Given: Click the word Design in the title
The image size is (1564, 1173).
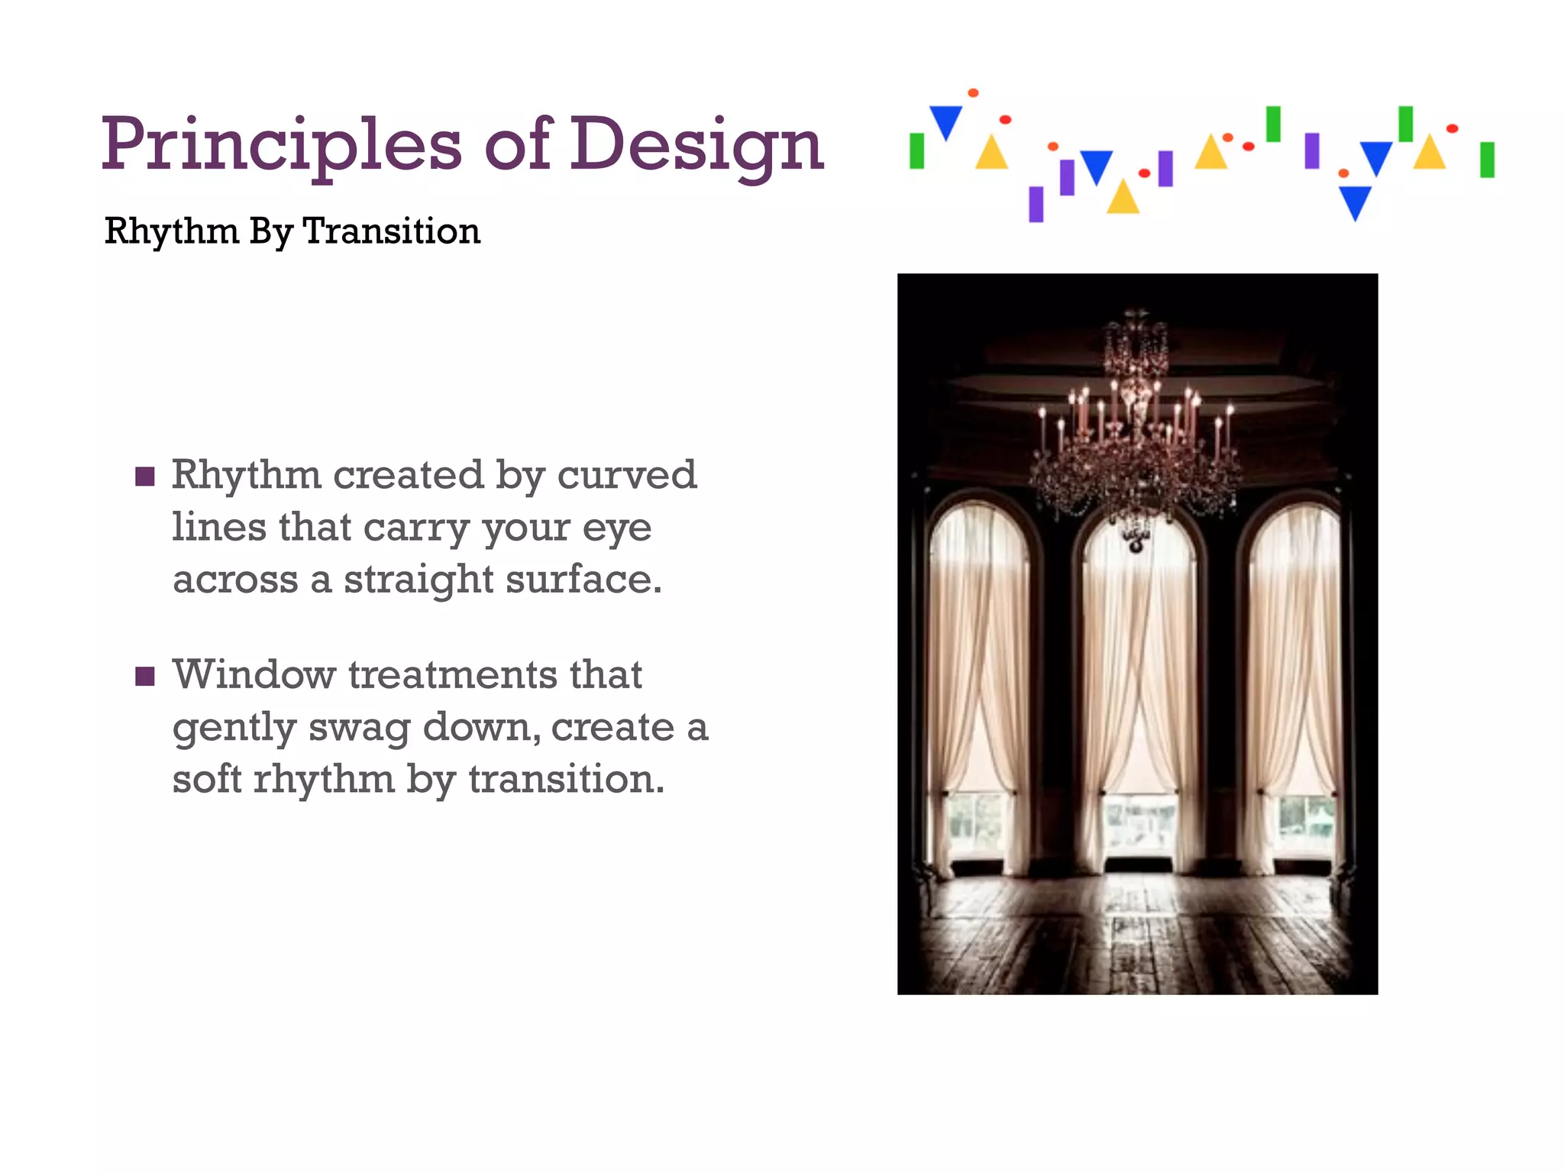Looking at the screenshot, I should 696,145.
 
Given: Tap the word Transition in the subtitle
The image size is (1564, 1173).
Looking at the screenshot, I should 392,231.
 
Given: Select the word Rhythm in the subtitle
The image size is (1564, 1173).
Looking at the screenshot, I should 172,231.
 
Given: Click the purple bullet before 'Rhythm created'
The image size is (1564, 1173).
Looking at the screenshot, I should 145,477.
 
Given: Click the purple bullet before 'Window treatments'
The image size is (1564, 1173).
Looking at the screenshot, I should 145,677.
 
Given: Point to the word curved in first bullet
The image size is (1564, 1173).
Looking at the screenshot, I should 626,475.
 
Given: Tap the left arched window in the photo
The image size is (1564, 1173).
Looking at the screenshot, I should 979,687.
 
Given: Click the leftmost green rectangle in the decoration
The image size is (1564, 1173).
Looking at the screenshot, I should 917,150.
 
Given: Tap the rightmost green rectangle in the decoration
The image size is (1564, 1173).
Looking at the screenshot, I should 1487,160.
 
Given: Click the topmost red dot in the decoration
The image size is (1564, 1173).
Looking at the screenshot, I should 973,93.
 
